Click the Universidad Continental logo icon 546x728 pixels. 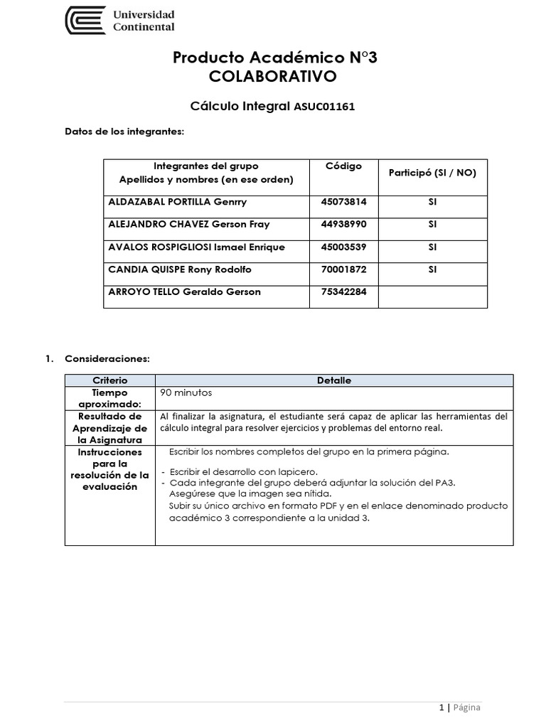[x=85, y=21]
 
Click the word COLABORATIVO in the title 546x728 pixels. [x=274, y=76]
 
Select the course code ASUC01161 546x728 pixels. [x=323, y=107]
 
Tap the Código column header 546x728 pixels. [x=343, y=166]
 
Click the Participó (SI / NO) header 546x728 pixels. [x=432, y=173]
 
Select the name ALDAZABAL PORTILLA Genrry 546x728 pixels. [x=177, y=202]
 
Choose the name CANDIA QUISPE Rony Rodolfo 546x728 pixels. [x=179, y=269]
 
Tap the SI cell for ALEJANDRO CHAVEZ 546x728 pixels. [x=432, y=224]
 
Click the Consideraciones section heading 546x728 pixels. [x=107, y=359]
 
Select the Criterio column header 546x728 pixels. [x=110, y=381]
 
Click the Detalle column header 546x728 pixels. [x=334, y=381]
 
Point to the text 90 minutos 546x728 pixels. [x=186, y=392]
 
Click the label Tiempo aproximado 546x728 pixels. [x=110, y=398]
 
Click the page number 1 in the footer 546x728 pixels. [x=441, y=707]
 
